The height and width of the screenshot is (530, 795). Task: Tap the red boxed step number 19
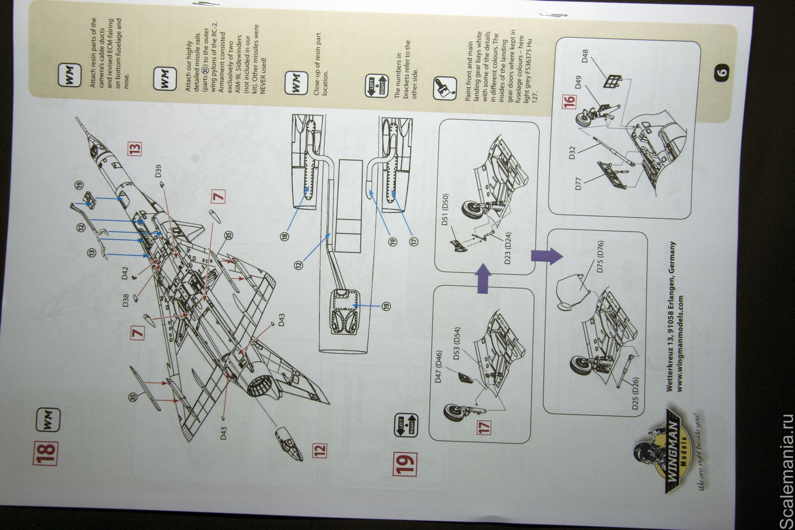(x=406, y=464)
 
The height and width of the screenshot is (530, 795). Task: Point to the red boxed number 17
(x=484, y=426)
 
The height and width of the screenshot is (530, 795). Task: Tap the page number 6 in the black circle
(x=722, y=72)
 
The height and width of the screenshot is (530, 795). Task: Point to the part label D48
(x=584, y=54)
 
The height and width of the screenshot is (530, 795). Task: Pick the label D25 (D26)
(x=636, y=392)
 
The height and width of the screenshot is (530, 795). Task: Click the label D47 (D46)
(x=439, y=366)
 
